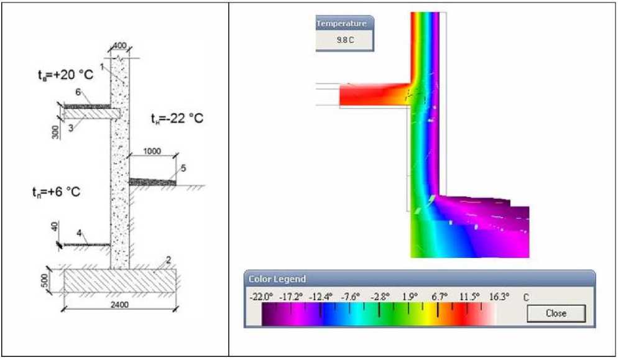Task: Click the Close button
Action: [x=556, y=313]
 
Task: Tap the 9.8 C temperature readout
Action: [x=345, y=40]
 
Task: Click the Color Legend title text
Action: [x=277, y=279]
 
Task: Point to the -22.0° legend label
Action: [x=261, y=297]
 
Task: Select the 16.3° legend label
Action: [x=499, y=297]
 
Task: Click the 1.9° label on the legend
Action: [x=410, y=297]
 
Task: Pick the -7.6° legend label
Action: [x=350, y=297]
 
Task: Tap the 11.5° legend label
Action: [x=469, y=297]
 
